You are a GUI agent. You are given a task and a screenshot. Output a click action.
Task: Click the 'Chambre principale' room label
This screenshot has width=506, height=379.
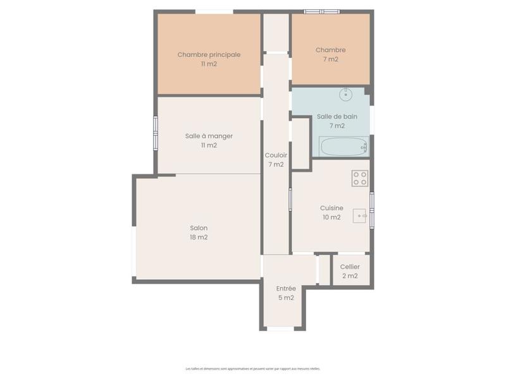click(209, 55)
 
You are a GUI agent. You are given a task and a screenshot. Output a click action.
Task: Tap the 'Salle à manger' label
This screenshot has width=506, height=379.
click(209, 136)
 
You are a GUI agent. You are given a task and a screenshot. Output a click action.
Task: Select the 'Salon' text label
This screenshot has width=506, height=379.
click(199, 228)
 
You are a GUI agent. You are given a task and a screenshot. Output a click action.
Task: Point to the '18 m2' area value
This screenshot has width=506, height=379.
click(199, 238)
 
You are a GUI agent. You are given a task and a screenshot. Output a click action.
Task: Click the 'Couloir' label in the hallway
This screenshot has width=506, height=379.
click(276, 155)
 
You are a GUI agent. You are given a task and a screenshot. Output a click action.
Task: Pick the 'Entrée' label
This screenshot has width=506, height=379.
click(286, 289)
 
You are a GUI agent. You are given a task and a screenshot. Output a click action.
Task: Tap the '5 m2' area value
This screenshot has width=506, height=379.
click(286, 298)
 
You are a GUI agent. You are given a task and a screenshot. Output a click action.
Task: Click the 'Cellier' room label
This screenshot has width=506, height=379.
click(350, 267)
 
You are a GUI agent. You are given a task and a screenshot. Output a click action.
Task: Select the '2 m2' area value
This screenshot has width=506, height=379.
click(350, 276)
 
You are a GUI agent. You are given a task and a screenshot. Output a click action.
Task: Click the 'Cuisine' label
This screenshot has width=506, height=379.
click(331, 208)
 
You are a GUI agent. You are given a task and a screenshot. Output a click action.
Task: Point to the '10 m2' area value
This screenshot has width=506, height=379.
click(331, 217)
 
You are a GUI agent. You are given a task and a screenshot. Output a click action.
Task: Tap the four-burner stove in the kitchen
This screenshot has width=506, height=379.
click(360, 178)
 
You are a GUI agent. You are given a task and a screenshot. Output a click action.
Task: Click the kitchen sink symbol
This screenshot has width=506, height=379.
click(361, 216)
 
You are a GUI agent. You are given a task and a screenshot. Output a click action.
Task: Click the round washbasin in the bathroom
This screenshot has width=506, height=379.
click(345, 95)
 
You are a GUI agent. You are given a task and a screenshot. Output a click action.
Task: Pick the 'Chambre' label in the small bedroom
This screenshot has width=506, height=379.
click(331, 50)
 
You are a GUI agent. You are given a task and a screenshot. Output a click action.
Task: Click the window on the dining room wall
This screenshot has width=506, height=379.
click(156, 133)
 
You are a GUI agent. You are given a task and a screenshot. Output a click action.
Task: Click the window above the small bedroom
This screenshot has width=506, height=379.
click(322, 11)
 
